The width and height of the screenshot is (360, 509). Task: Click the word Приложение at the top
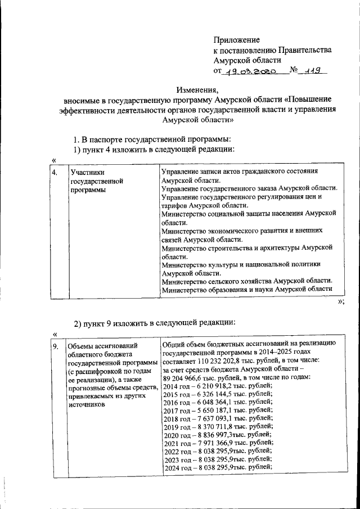[x=236, y=39]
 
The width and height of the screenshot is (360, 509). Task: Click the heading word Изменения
[x=197, y=89]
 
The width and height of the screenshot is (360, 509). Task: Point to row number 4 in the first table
[x=55, y=173]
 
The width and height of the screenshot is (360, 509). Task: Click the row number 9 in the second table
[x=55, y=346]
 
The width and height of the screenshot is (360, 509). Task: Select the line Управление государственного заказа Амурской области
[x=249, y=189]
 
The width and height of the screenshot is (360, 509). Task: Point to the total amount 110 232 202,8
[x=224, y=360]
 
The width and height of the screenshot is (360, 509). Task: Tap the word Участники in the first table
[x=87, y=173]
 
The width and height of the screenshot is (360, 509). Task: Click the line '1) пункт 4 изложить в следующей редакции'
[x=154, y=149]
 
